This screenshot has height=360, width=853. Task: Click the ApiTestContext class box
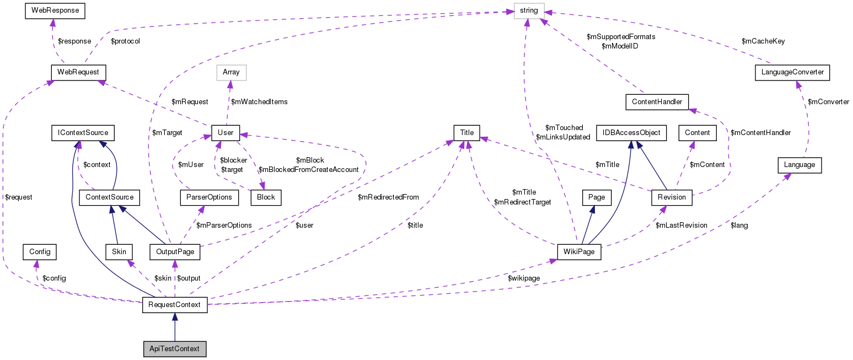pos(174,349)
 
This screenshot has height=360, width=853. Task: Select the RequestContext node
pos(175,305)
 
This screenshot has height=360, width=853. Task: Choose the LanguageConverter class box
pos(791,72)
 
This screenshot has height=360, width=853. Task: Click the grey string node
pos(528,10)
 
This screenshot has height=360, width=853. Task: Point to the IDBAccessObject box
pos(631,133)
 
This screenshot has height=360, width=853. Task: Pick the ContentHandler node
pos(657,101)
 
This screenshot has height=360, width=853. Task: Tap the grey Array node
pos(231,72)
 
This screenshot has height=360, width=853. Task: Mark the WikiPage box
pos(578,252)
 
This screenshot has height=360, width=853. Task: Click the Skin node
pos(119,252)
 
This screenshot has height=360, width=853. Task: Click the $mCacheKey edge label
pos(763,41)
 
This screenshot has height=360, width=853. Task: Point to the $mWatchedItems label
pos(259,101)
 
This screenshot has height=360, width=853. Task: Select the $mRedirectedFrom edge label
pos(388,197)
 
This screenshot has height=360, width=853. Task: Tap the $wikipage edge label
pos(524,278)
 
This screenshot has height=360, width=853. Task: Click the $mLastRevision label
pos(681,225)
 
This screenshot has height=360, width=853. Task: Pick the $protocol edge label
pos(125,41)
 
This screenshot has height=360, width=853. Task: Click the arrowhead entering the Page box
pos(592,209)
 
